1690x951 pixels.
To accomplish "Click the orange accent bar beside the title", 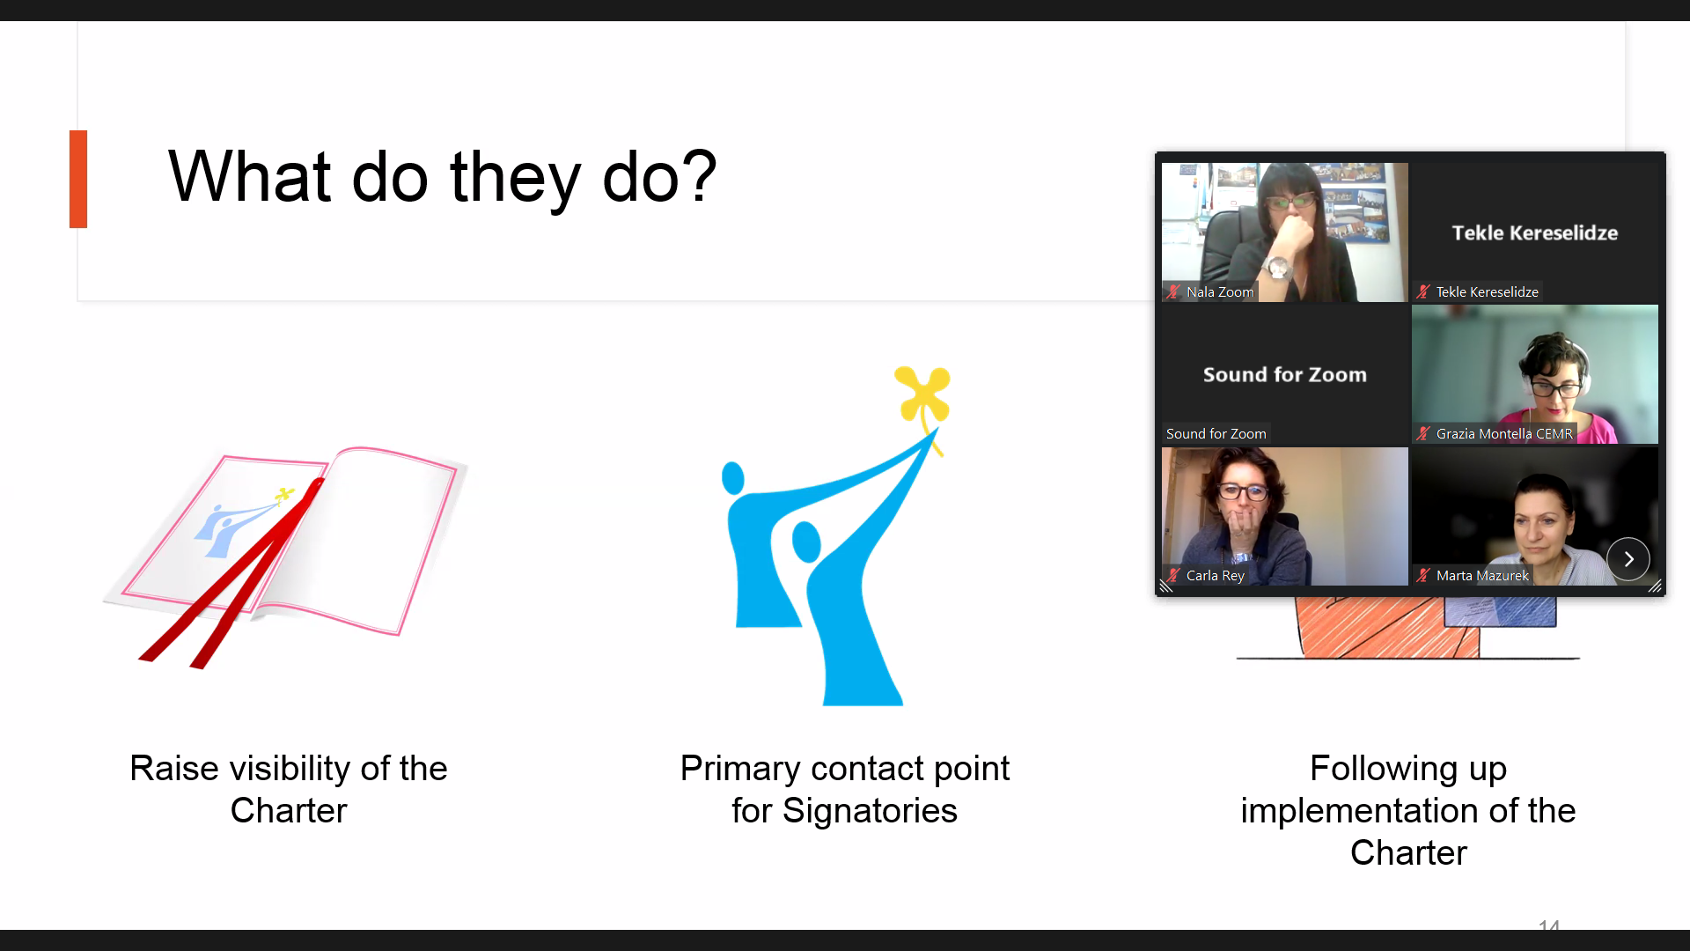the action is (78, 179).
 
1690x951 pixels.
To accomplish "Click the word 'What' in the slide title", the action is (249, 176).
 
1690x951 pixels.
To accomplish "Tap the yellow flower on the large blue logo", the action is (922, 394).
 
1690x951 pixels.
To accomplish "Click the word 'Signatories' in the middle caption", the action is (870, 810).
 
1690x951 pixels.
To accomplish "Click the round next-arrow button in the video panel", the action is (1628, 559).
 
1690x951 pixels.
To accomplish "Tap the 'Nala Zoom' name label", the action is (1220, 292).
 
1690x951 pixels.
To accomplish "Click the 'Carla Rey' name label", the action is (1216, 576).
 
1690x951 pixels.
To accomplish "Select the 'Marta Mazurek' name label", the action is (1482, 576).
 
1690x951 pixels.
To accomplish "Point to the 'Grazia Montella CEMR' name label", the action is (1504, 434).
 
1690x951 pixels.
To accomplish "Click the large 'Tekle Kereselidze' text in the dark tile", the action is (1535, 232).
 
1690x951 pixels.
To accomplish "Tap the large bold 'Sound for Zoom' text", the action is (1285, 374).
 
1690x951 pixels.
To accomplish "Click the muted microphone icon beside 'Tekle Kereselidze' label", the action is (1423, 292).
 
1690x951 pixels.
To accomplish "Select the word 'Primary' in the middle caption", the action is (739, 768).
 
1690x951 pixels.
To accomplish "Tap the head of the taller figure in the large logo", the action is (732, 478).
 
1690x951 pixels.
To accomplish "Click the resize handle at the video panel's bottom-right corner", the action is (1655, 586).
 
